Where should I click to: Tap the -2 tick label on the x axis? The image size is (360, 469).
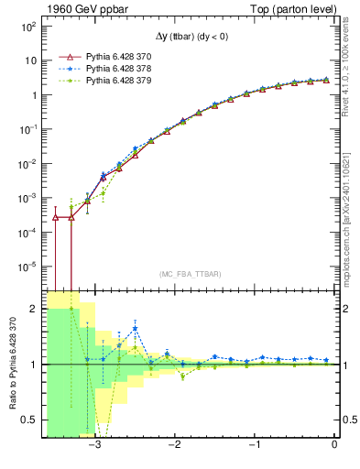coord(174,446)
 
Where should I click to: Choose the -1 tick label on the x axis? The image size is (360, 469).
coord(254,446)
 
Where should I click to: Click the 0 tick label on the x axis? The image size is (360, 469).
coord(334,446)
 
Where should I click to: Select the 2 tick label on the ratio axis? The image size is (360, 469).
coord(33,310)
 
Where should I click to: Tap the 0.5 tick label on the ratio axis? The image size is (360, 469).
coord(28,420)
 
